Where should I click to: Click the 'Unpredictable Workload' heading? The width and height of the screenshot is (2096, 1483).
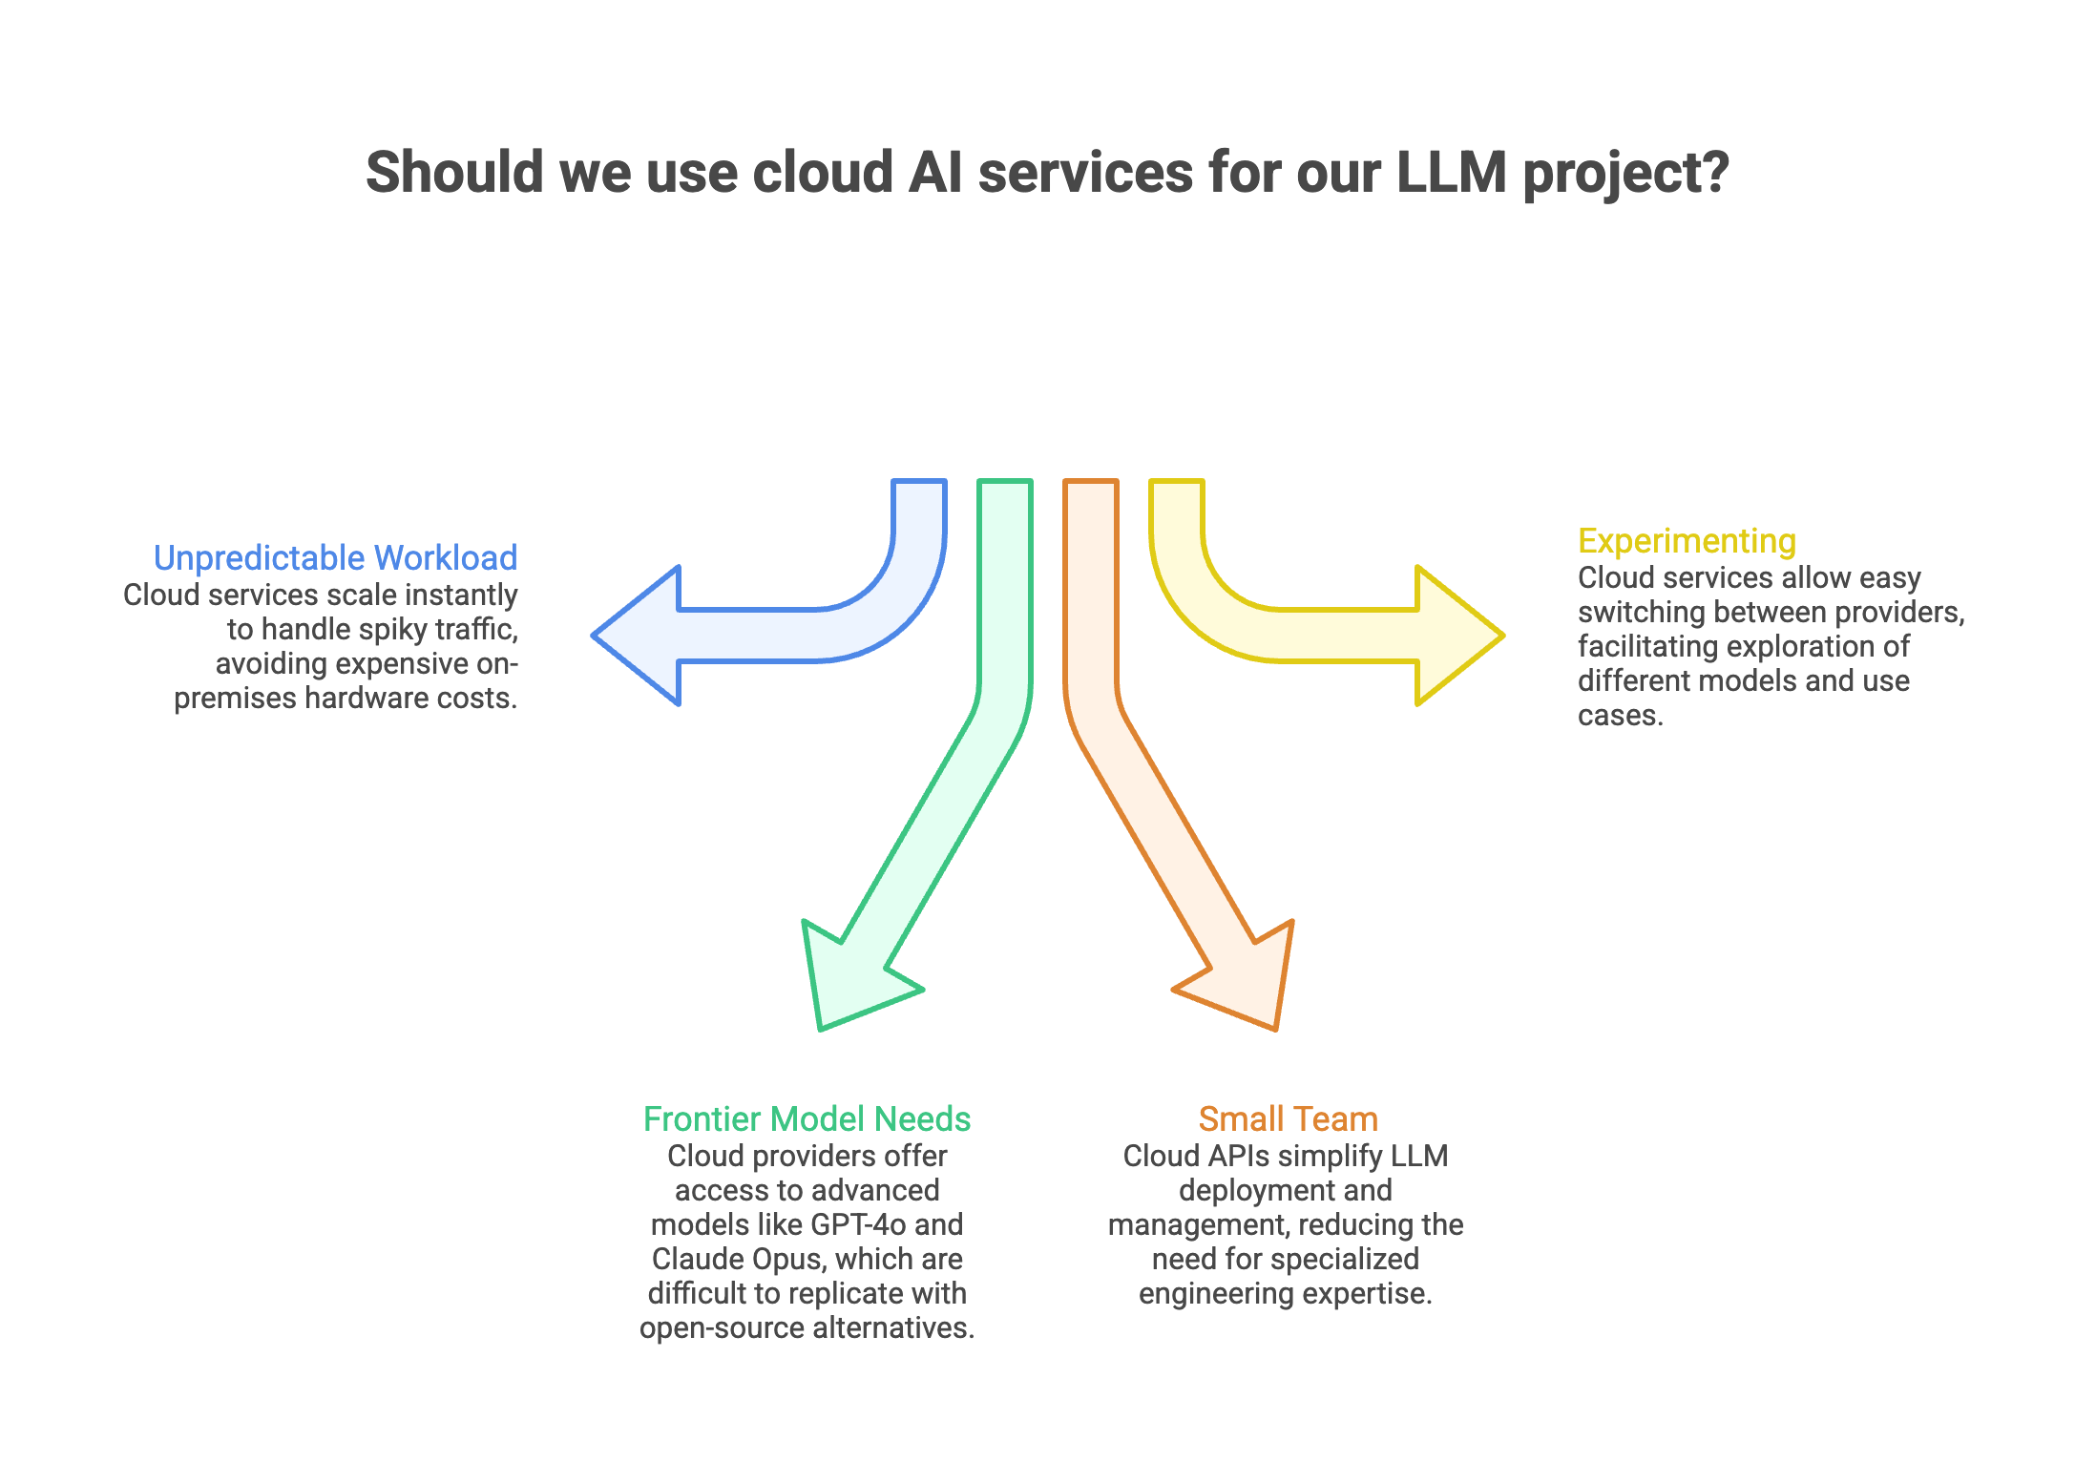pyautogui.click(x=335, y=557)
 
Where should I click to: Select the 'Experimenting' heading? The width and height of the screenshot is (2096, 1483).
pyautogui.click(x=1687, y=541)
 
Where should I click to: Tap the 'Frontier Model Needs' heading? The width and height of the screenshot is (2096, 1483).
pyautogui.click(x=807, y=1118)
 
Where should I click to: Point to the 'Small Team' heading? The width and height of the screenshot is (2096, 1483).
pyautogui.click(x=1288, y=1118)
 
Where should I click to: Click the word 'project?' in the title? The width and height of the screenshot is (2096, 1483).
pyautogui.click(x=1625, y=173)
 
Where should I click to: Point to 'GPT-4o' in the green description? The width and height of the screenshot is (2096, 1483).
pyautogui.click(x=858, y=1224)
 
